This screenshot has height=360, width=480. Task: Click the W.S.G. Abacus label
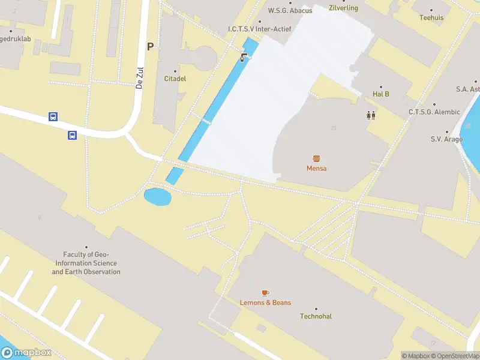click(290, 10)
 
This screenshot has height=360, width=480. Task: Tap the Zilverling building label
click(344, 8)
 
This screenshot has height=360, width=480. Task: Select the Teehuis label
click(431, 17)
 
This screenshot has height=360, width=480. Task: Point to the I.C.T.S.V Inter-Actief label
click(259, 29)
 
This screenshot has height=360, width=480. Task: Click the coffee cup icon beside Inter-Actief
click(244, 58)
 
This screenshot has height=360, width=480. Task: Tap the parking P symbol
click(150, 47)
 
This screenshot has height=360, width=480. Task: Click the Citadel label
click(175, 79)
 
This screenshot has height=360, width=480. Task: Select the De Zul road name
click(139, 78)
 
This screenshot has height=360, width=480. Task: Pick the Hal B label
click(381, 94)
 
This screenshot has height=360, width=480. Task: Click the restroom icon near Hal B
click(371, 115)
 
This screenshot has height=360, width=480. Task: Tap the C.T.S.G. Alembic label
click(434, 112)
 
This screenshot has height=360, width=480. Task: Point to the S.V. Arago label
click(446, 139)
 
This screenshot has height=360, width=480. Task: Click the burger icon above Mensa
click(316, 158)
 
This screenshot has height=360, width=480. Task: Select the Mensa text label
click(316, 169)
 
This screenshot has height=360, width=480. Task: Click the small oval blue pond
click(157, 196)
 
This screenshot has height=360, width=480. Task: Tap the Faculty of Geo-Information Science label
click(86, 263)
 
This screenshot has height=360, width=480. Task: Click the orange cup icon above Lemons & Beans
click(265, 292)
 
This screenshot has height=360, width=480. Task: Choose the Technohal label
click(316, 316)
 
